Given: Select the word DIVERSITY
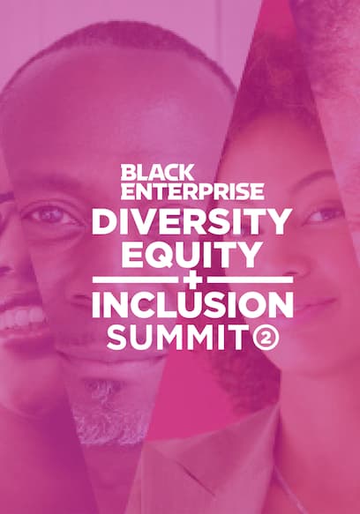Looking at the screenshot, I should coord(191,221).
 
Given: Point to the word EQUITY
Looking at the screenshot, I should coord(193,254).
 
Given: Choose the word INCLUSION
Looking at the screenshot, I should coord(192,307).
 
